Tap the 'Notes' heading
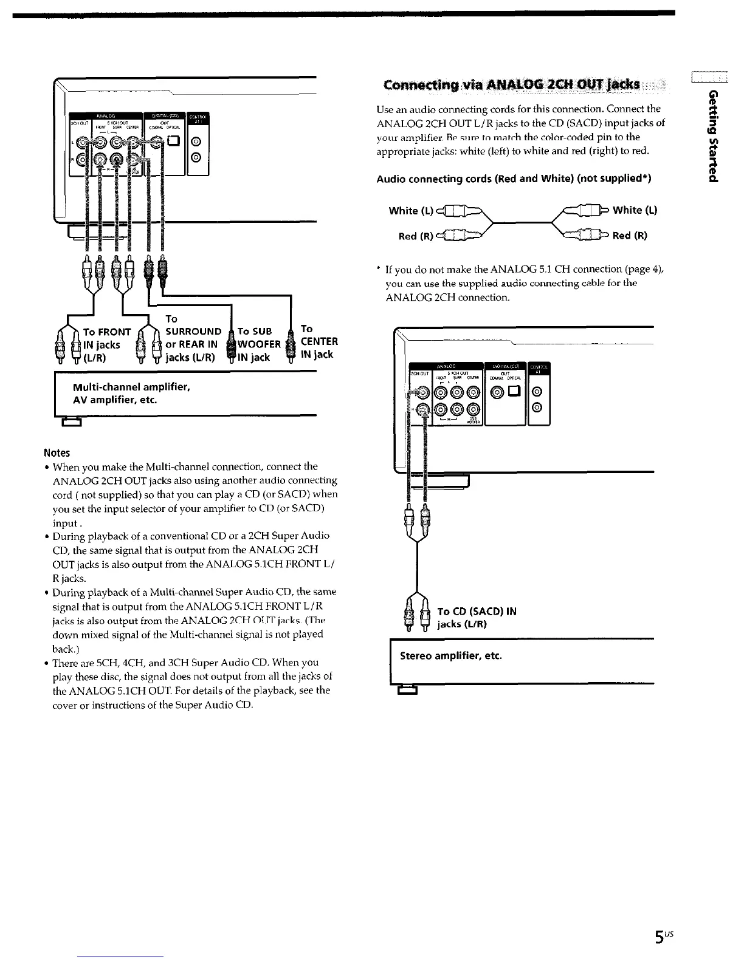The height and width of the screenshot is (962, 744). pyautogui.click(x=57, y=452)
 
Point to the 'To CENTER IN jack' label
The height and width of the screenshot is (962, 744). pyautogui.click(x=319, y=341)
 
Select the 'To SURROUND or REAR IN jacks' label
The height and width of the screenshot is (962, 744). pyautogui.click(x=193, y=338)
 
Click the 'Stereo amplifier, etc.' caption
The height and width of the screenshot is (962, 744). pyautogui.click(x=450, y=656)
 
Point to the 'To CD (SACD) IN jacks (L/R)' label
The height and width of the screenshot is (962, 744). pyautogui.click(x=477, y=617)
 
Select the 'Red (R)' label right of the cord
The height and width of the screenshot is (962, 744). pyautogui.click(x=630, y=236)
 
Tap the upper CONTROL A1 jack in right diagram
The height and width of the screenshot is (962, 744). pyautogui.click(x=537, y=392)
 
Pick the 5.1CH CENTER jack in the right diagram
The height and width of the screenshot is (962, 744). pyautogui.click(x=473, y=392)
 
